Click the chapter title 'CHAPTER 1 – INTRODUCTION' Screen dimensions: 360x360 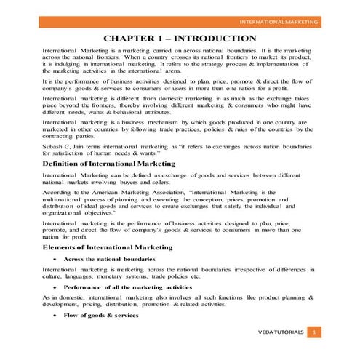click(x=180, y=38)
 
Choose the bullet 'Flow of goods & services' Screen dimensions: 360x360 click(x=100, y=316)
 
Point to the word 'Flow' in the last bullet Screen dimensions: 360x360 click(x=71, y=316)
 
